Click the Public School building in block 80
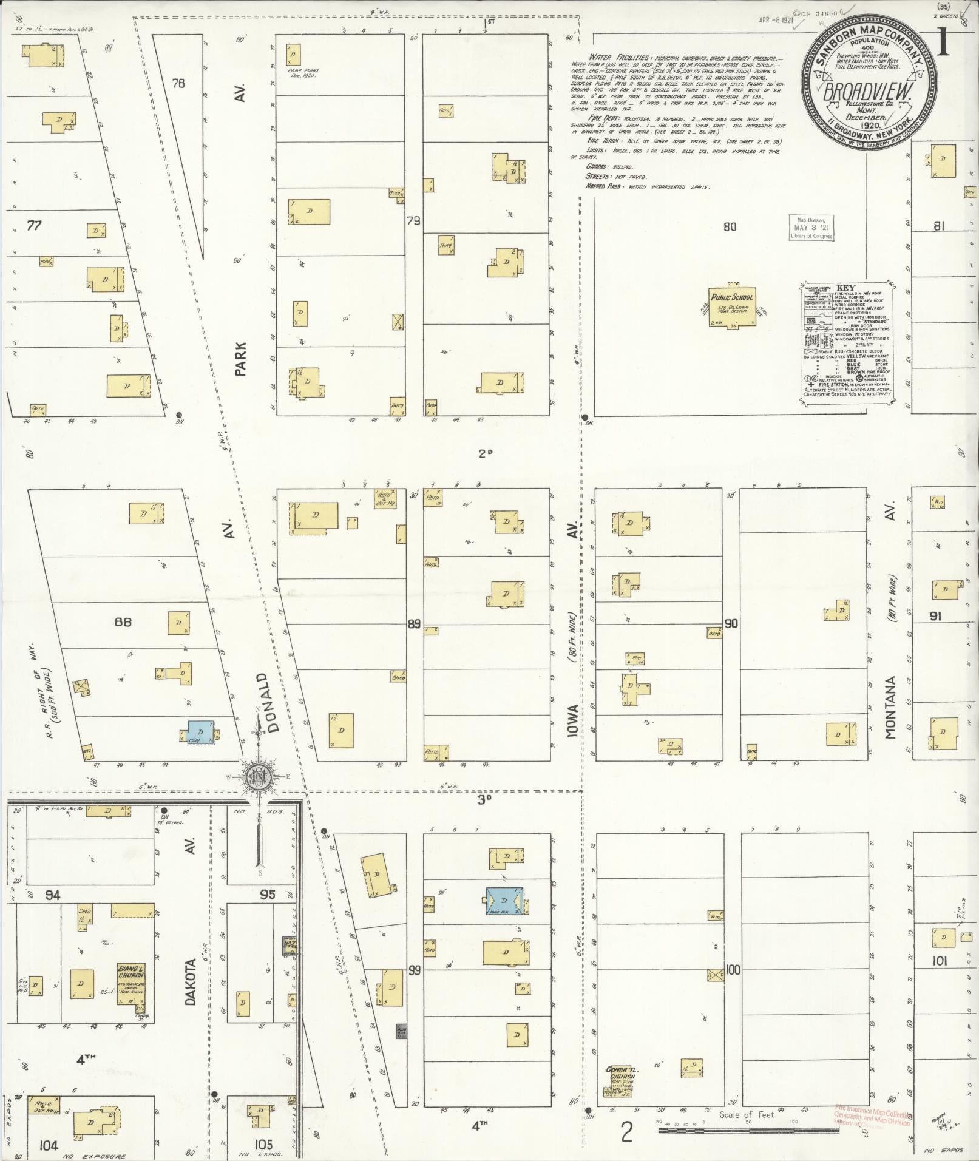(x=733, y=307)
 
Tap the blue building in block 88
(x=200, y=732)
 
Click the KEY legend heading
(x=845, y=288)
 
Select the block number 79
(x=413, y=221)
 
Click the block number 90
(x=731, y=623)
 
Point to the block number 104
(x=47, y=1145)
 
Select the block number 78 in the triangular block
(x=178, y=83)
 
